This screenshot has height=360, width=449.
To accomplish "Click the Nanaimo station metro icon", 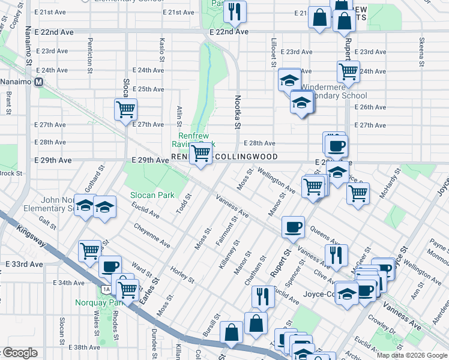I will coord(40,82).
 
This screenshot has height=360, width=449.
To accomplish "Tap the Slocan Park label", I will coord(152,195).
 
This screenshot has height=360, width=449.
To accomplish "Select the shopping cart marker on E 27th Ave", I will coord(126,110).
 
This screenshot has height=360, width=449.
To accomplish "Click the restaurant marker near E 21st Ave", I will coord(234,11).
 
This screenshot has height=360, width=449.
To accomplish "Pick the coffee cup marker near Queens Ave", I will coord(293,227).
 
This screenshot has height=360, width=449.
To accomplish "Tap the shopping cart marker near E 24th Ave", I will coord(348,72).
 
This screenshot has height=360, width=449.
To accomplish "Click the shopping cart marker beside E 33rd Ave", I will coord(90,250).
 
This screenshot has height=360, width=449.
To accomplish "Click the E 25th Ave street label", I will coord(148,89).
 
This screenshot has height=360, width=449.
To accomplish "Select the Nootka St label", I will coord(237,112).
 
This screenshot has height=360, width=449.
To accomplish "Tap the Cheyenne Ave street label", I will coord(152,235).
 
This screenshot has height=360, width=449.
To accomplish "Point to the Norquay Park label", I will coord(98,302).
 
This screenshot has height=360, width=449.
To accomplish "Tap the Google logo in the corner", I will coord(20,353).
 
